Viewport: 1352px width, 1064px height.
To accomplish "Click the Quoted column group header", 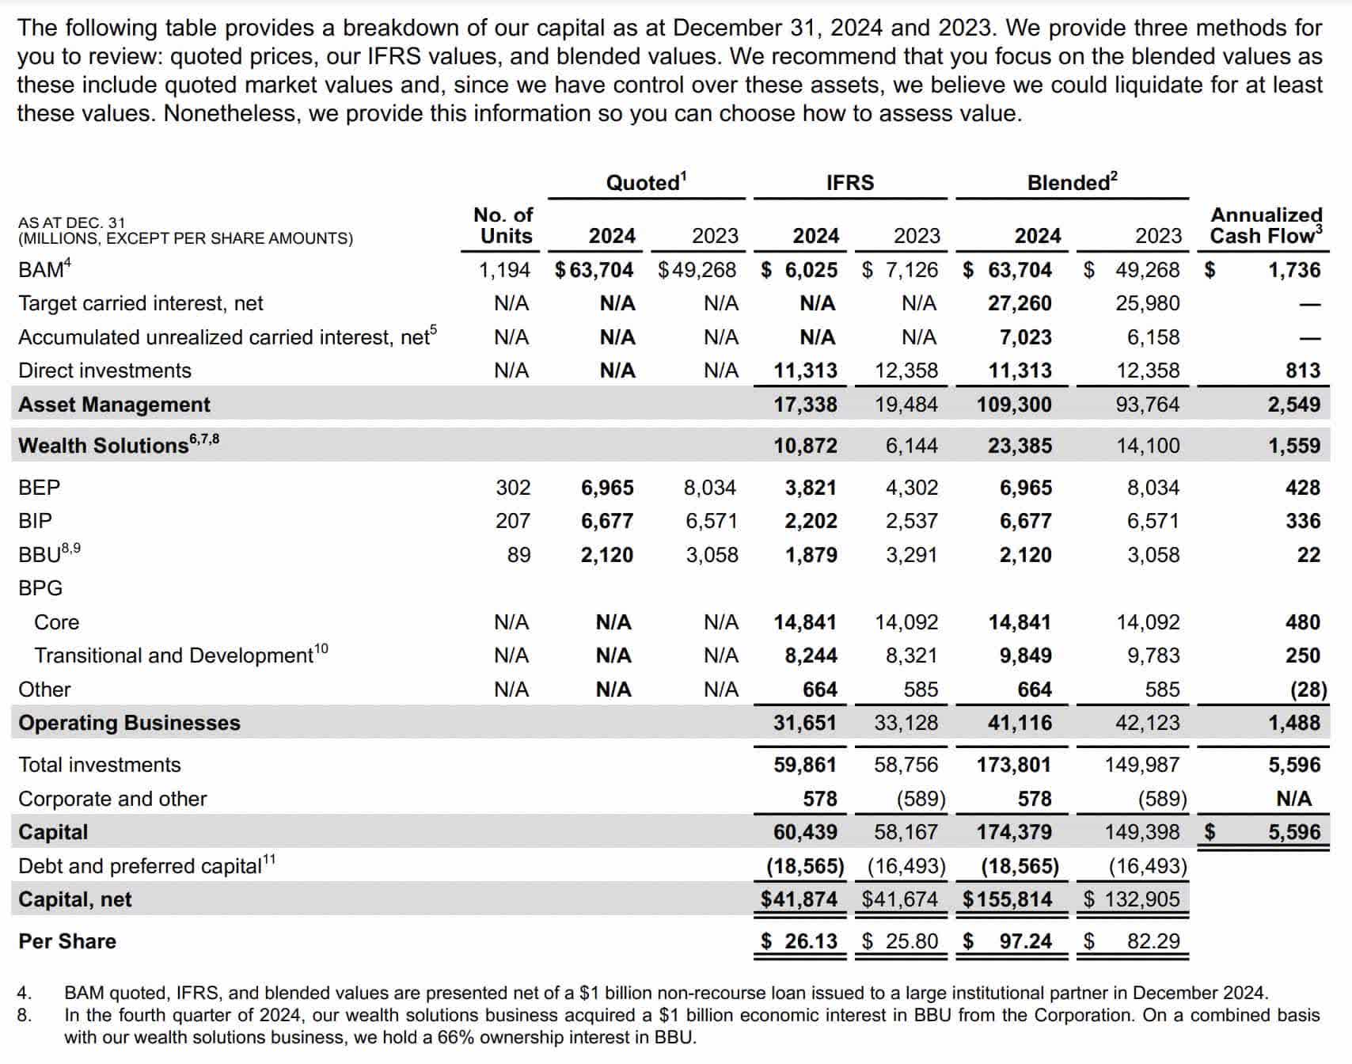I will click(645, 183).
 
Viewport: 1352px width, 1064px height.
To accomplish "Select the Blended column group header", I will click(1071, 183).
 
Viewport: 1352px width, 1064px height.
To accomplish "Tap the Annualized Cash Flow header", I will click(1266, 226).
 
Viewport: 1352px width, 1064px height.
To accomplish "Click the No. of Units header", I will click(504, 226).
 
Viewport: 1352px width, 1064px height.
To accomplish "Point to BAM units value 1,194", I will click(504, 270).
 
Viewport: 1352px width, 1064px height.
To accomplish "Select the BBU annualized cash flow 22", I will click(1308, 555).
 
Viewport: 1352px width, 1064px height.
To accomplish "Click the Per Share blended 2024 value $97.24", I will click(1025, 941).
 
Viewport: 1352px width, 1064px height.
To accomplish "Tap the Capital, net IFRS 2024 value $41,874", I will click(799, 899).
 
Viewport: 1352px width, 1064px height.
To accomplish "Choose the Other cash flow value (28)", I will click(1308, 690).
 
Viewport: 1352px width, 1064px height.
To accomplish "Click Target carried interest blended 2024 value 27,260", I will click(1020, 303).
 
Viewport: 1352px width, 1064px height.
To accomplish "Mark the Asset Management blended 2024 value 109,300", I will click(1014, 405).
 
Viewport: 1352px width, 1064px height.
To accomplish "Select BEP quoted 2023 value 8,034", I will click(709, 488).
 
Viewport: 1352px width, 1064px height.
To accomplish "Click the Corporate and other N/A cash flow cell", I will click(1293, 799).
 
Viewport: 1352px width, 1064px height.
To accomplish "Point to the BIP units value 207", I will click(513, 521).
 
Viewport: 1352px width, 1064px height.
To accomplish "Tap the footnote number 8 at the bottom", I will click(25, 1015).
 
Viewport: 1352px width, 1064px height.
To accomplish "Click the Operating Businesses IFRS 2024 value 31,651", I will click(804, 723).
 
